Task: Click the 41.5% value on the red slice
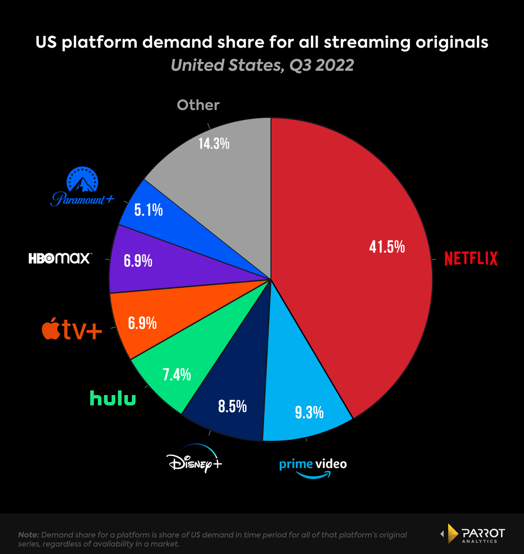point(387,247)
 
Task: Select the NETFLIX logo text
point(471,259)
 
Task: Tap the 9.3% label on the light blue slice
point(309,412)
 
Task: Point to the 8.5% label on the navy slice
point(232,407)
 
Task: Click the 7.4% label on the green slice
point(177,374)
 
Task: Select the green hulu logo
point(113,398)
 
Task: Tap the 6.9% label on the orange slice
point(142,323)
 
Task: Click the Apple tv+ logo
point(72,330)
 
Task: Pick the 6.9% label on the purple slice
point(138,261)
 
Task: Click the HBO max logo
point(59,259)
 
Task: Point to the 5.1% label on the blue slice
point(148,211)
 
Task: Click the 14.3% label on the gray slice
point(214,143)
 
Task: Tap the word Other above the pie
point(198,105)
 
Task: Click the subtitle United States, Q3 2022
point(262,65)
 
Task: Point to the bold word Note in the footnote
point(28,535)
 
